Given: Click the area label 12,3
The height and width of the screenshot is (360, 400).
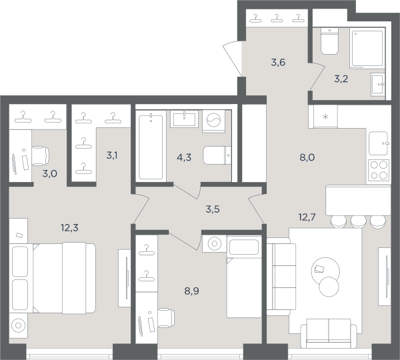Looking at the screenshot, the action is coord(69,227).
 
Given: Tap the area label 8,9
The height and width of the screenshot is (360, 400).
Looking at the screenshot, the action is coord(191,291).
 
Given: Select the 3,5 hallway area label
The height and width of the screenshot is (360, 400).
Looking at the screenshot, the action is coord(213,209).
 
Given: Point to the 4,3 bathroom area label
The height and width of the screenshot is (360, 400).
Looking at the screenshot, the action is coord(184,157).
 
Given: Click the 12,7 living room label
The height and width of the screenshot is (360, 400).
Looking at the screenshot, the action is coord(307,217).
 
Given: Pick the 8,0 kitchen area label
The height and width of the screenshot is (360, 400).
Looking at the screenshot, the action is coord(307,157).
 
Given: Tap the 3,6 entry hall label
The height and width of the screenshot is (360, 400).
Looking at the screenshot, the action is coord(278,62).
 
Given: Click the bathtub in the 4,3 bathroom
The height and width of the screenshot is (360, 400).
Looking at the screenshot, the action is coord(151,147).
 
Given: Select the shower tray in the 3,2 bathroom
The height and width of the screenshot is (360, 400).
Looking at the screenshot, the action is coord(367,48).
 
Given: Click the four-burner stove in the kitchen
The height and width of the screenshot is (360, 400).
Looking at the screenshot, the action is coord(379,170).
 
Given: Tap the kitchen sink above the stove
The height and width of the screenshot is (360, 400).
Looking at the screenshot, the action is coord(379,143).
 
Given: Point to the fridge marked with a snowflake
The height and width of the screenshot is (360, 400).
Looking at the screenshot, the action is coord(325,117).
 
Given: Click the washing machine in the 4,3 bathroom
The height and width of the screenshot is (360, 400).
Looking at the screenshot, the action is coord(213,121).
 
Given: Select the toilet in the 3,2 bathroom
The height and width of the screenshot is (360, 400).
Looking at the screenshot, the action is coord(329,41).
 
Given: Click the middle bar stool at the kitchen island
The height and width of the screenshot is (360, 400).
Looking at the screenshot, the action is coord(359,221).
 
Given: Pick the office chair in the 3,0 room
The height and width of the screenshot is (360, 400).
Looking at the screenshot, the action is coord(41,156).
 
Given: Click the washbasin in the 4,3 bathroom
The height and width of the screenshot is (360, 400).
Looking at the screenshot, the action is coord(184,119).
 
